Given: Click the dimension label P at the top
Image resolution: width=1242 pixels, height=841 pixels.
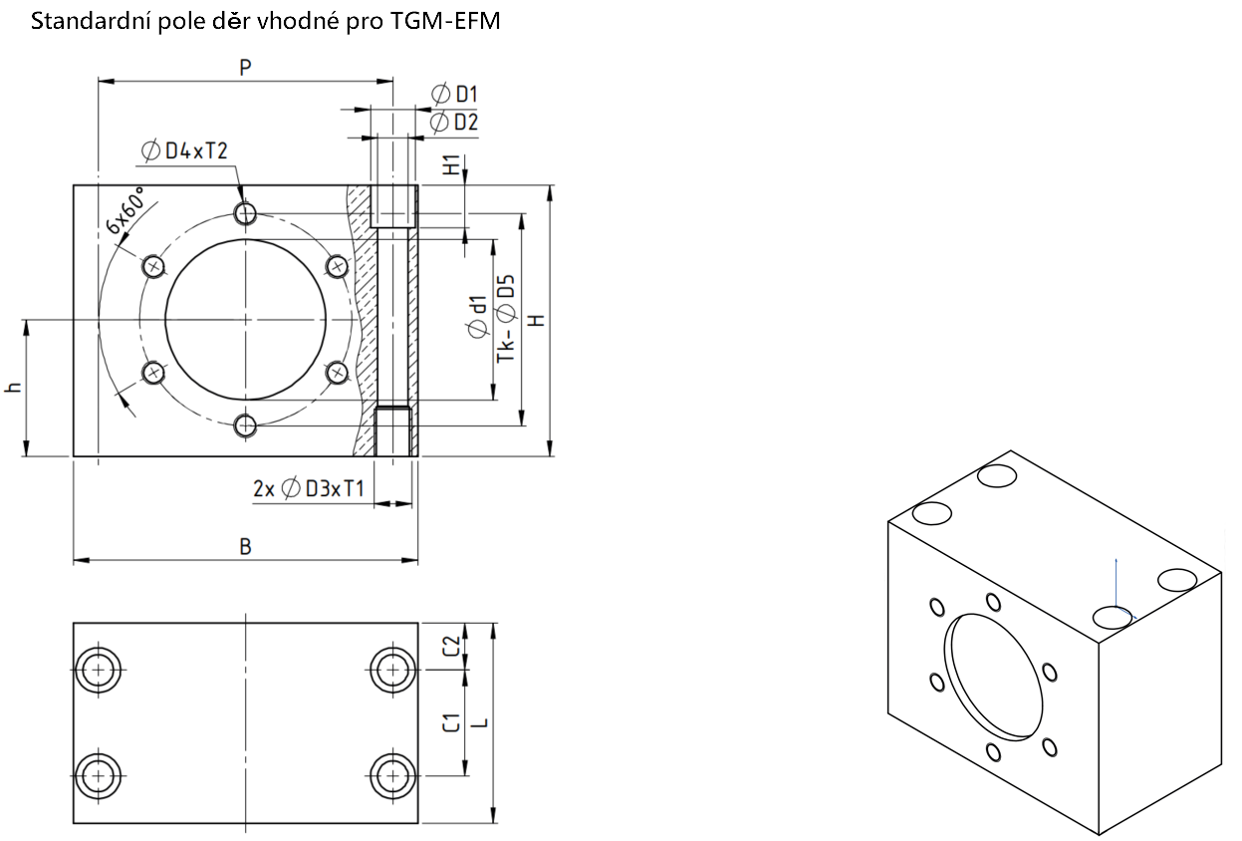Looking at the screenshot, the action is click(245, 68).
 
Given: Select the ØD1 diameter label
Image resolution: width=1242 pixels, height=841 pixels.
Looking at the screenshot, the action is click(454, 95).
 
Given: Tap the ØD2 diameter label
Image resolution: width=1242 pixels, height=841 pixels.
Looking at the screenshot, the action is click(454, 122).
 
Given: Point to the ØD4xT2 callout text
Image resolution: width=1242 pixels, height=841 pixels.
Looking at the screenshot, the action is click(184, 150).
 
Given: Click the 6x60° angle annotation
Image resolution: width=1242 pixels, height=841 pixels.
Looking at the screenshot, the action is click(125, 210).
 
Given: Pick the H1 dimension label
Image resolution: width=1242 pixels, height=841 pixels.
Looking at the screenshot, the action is click(452, 164).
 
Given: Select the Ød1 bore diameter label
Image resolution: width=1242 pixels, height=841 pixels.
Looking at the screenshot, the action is click(477, 316).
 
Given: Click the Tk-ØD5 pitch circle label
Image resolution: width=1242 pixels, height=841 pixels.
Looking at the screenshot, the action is click(506, 319).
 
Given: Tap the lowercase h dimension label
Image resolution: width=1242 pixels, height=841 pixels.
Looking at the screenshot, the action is click(13, 388).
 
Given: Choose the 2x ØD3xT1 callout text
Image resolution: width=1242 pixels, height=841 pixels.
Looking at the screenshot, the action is click(309, 488).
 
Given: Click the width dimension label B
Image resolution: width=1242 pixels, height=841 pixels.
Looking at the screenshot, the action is click(245, 547).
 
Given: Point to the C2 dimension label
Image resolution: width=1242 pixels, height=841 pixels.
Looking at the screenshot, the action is click(452, 646).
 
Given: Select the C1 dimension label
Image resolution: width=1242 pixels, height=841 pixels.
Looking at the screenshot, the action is click(452, 722).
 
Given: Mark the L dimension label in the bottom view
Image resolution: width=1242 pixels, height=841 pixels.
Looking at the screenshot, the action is click(482, 722).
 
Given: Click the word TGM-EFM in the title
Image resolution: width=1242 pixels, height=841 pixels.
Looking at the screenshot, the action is click(445, 21).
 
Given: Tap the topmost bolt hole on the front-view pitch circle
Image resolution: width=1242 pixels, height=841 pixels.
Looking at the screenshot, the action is click(245, 213).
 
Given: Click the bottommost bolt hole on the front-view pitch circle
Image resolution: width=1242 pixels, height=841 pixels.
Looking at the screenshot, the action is click(245, 426).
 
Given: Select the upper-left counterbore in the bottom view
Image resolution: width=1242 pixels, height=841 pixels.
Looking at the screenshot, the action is click(99, 670).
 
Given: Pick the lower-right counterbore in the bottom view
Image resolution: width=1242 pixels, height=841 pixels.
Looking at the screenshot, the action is click(392, 775).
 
